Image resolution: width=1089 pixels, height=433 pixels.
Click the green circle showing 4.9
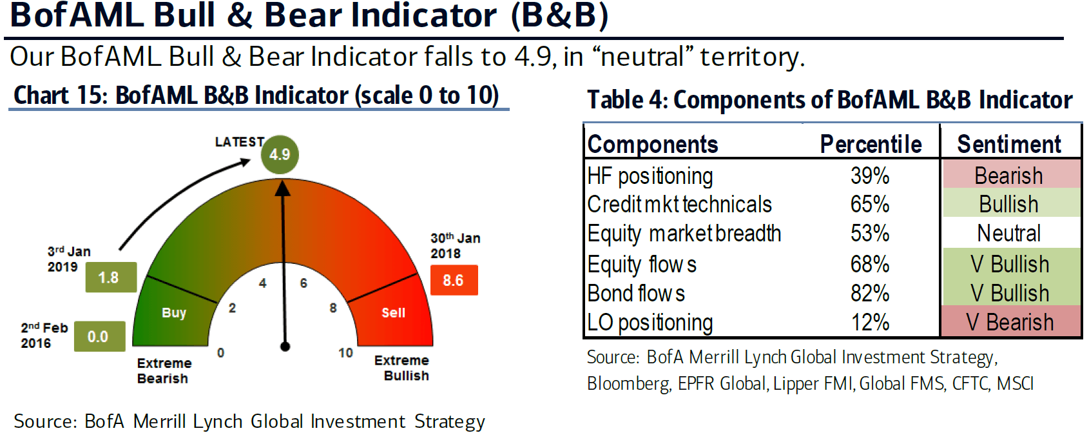[x=280, y=154]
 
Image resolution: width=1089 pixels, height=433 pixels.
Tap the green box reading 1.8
[x=111, y=277]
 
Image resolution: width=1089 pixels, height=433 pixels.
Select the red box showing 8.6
[x=454, y=280]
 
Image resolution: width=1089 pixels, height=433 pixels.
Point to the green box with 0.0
[x=100, y=336]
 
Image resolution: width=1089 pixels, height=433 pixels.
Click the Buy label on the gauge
[x=174, y=313]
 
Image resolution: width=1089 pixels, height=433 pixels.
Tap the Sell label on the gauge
[x=393, y=313]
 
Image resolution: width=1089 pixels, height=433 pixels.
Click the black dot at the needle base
[x=285, y=347]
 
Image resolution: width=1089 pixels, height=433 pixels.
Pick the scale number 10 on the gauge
[x=345, y=352]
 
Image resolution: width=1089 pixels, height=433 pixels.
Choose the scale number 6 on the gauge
[x=304, y=283]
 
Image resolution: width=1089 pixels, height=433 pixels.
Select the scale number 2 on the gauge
[x=233, y=308]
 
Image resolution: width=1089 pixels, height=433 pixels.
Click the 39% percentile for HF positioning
[x=870, y=176]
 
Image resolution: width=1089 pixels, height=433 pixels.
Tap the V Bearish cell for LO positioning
[x=1010, y=322]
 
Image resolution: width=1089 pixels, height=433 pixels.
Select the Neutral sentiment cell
[x=1009, y=234]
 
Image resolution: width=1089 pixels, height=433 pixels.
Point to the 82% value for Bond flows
[x=870, y=293]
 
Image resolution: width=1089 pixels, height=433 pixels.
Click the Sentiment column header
[x=1009, y=145]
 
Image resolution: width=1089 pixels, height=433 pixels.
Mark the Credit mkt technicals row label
[x=679, y=205]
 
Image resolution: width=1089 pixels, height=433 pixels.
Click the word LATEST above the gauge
[x=240, y=142]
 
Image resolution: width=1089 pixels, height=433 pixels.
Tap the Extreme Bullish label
[x=401, y=368]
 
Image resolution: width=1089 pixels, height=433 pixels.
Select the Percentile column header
[x=871, y=145]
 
